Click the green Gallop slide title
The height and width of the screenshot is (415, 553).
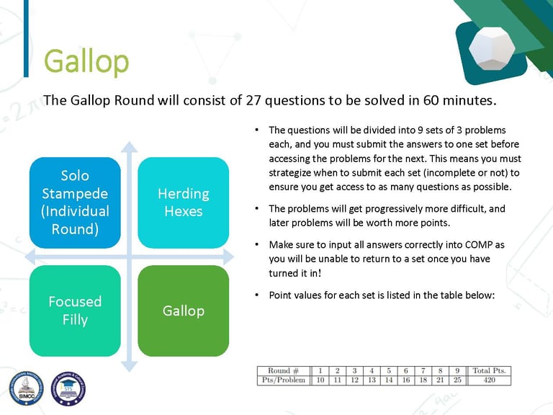(86, 62)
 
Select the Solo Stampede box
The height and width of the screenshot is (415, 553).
(75, 202)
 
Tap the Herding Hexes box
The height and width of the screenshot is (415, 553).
(184, 202)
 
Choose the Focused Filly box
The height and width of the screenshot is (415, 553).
(75, 311)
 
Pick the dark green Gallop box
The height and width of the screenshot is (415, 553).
(184, 311)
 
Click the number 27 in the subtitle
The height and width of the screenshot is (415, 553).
(253, 100)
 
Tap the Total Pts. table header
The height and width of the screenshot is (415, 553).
(489, 370)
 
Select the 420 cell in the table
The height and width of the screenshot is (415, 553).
(489, 380)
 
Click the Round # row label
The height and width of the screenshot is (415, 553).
(283, 370)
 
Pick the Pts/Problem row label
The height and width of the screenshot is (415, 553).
(284, 380)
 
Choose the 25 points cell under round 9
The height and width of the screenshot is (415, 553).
(457, 380)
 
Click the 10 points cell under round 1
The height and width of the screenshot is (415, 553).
(320, 380)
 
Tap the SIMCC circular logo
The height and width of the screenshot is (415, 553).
(27, 388)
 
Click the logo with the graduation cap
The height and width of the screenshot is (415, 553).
(68, 388)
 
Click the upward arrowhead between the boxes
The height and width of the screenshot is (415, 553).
(130, 147)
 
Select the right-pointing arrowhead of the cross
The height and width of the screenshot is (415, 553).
(228, 257)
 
